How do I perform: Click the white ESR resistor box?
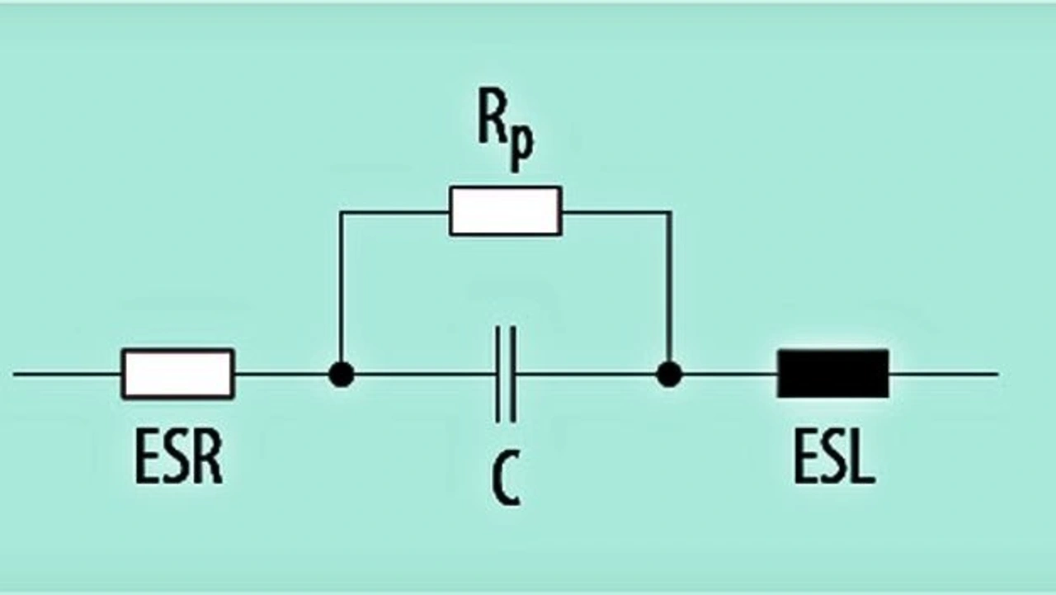coord(178,374)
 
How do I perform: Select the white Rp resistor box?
coord(505,211)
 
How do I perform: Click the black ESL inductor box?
coord(832,374)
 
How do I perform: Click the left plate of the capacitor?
coord(498,374)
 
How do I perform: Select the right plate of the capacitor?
coord(513,374)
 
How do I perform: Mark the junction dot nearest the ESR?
coord(341,374)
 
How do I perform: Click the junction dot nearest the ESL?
coord(669,374)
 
